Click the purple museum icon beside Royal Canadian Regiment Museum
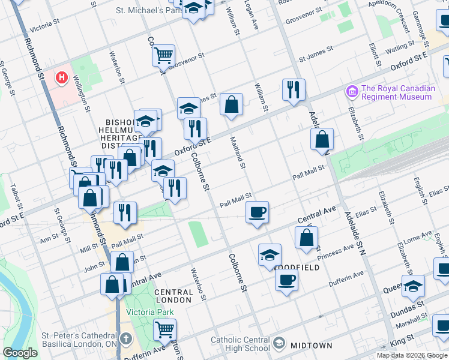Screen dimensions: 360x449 [352, 92]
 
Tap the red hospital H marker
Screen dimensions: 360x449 [61, 77]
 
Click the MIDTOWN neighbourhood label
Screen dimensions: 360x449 [312, 346]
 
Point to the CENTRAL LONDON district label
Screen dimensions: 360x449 [173, 296]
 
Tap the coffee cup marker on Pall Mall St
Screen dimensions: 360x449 [257, 212]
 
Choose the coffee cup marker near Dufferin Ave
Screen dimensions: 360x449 [287, 278]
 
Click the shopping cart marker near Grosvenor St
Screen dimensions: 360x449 [163, 56]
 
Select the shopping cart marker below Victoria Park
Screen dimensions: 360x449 [164, 329]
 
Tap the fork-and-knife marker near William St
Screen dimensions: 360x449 [294, 90]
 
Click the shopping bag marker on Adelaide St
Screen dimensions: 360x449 [322, 139]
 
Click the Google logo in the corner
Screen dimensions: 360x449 [20, 353]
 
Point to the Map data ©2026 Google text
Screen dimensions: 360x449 [412, 355]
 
